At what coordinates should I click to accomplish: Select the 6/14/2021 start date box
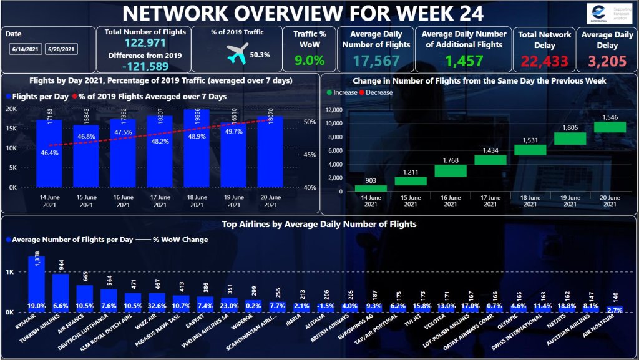coord(25,49)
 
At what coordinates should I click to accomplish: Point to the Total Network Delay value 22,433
coord(544,61)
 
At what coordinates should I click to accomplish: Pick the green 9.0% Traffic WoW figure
coord(310,61)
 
